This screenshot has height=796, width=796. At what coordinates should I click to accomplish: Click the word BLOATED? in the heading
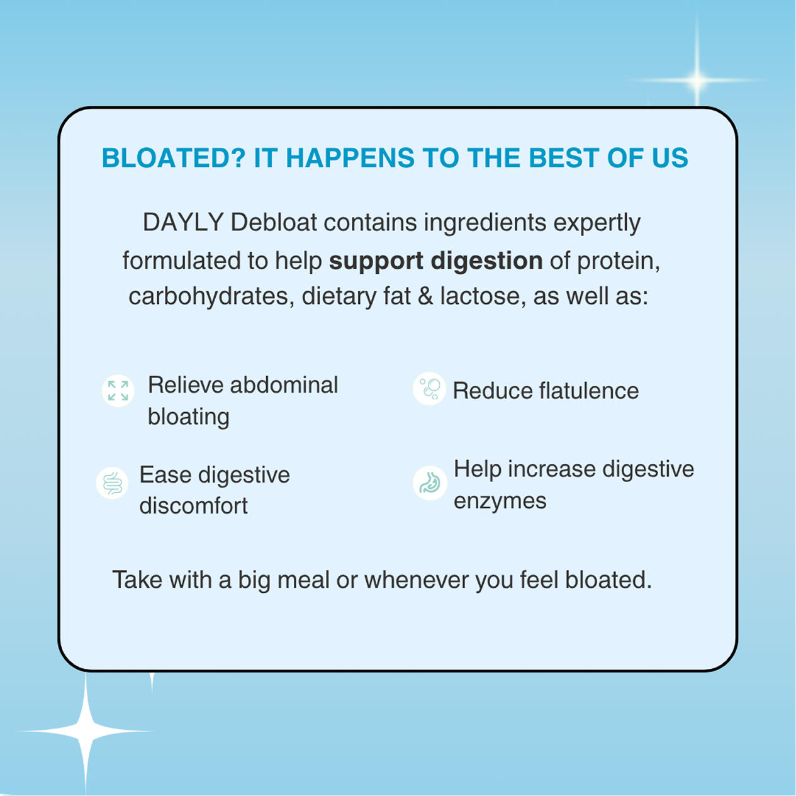pos(174,158)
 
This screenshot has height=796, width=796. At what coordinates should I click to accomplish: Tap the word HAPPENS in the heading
pos(350,158)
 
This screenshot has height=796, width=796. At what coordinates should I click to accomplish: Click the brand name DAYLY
pos(183,222)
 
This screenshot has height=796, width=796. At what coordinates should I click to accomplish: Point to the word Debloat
pos(274,222)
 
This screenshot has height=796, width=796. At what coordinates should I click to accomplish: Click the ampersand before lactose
pos(425,296)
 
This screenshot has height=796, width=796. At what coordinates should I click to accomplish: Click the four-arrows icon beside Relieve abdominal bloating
pos(118,391)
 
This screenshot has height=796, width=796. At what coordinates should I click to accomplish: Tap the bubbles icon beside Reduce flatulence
pos(429,389)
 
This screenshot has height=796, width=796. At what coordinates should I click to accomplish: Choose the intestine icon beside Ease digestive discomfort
pos(113,483)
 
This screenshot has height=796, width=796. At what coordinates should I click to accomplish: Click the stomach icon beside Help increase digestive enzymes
pos(430,483)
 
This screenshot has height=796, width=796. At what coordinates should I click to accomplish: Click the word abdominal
pos(284,384)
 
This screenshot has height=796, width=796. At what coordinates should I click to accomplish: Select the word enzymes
pos(500,502)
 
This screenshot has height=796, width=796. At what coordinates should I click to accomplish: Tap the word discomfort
pos(194,505)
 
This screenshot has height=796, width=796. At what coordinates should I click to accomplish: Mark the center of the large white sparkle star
pos(86,731)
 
